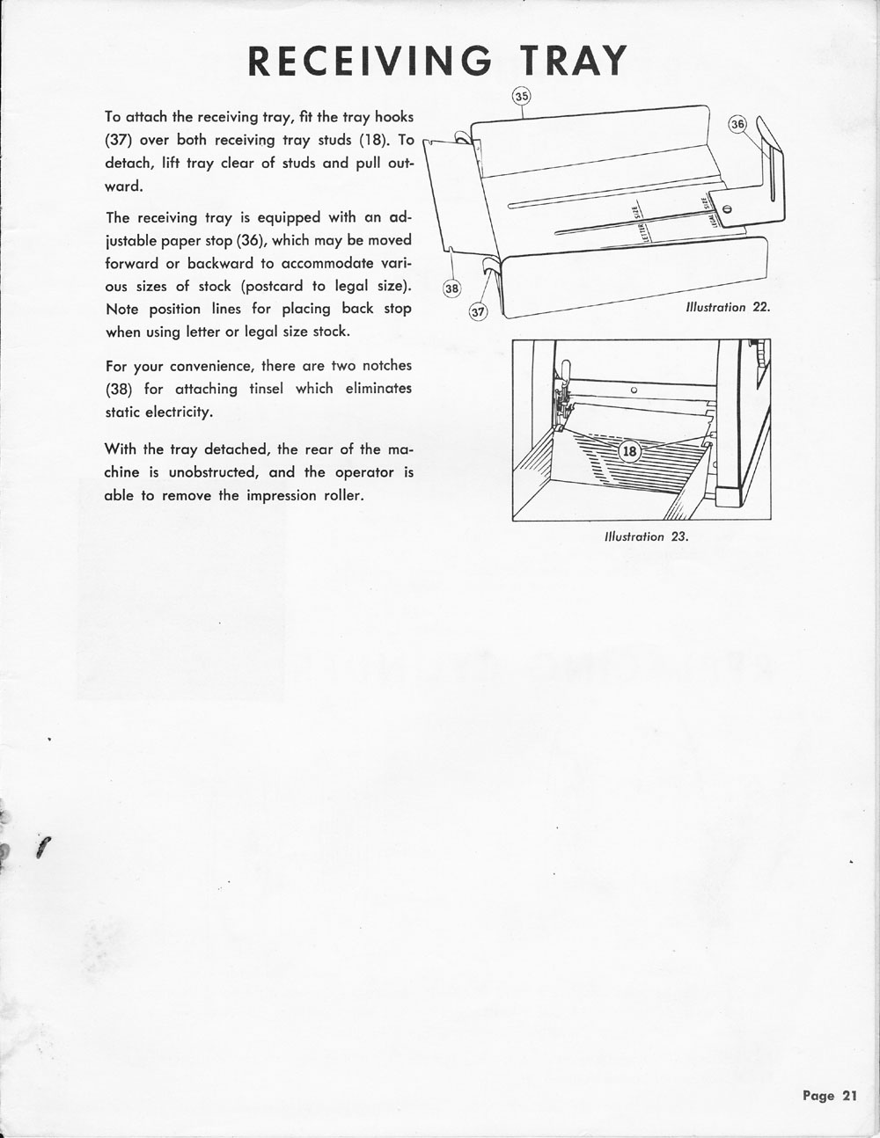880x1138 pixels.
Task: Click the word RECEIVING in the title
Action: coord(370,61)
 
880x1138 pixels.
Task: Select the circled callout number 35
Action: coord(522,96)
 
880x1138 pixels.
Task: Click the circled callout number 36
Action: coord(737,124)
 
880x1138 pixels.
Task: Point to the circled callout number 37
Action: coord(478,312)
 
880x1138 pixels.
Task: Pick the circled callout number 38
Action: coord(451,288)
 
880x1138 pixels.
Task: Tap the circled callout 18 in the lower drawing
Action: coord(629,452)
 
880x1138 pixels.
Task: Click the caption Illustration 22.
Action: coord(728,308)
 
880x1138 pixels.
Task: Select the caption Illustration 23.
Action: coord(646,536)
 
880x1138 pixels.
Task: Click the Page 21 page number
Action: coord(829,1096)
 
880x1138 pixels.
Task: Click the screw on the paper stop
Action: coord(727,208)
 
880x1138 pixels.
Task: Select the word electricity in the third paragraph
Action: coord(185,412)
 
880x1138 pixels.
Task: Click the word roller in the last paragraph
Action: coord(341,495)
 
